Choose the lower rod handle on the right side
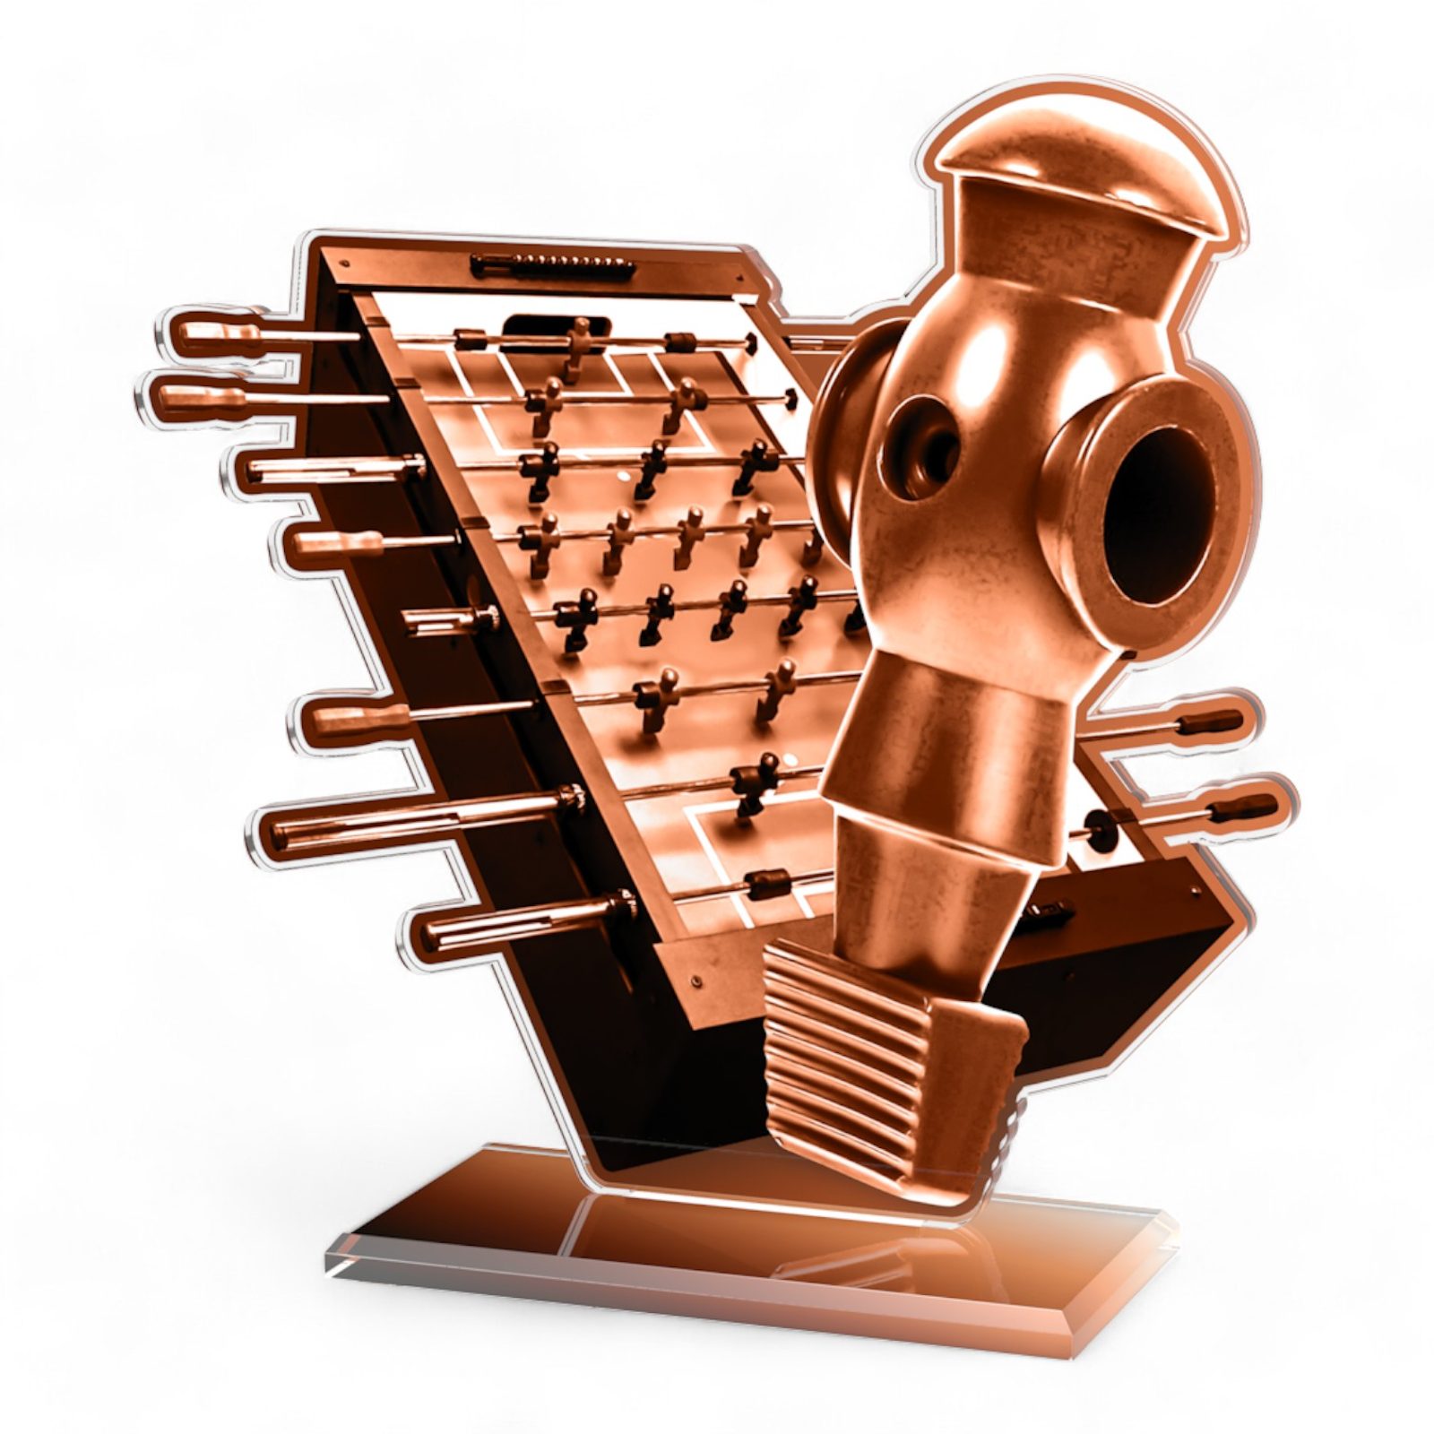click(x=1240, y=808)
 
